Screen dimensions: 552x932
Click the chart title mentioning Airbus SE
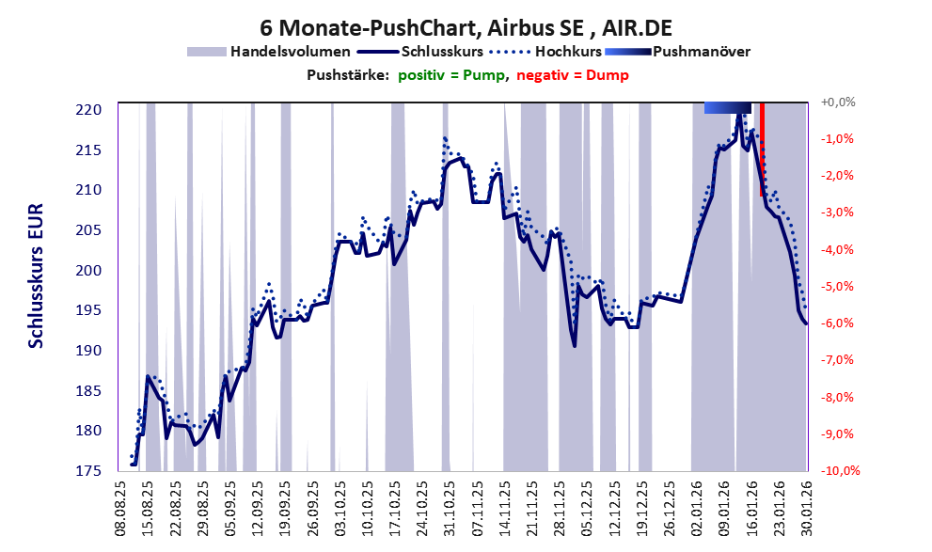point(466,27)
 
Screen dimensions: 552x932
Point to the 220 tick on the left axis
point(90,110)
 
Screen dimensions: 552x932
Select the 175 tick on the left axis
point(90,471)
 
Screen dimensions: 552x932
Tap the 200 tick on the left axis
point(90,271)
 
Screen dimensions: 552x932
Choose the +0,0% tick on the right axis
point(838,102)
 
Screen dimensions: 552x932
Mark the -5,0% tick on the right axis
point(838,286)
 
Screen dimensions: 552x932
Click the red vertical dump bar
point(762,150)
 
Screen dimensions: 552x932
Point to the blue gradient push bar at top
point(727,107)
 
